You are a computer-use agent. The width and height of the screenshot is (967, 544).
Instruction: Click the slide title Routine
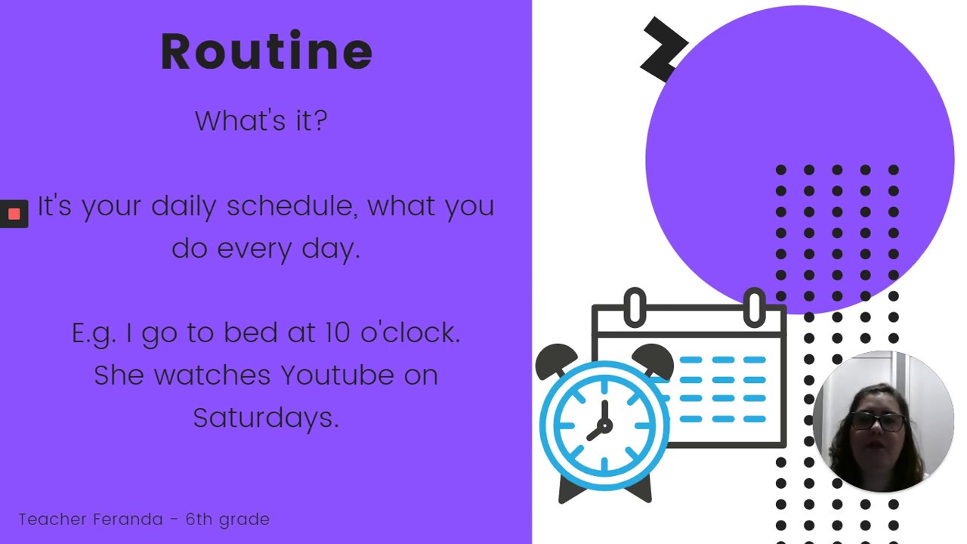click(267, 51)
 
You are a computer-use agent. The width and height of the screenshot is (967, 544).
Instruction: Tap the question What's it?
click(261, 121)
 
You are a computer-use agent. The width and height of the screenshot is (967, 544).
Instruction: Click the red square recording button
click(14, 214)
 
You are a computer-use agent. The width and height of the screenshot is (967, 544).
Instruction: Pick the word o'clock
click(410, 332)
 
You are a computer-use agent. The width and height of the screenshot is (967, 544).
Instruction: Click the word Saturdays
click(265, 417)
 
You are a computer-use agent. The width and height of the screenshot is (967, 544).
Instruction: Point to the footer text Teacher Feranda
click(91, 519)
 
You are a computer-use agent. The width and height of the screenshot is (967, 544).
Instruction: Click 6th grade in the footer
click(227, 519)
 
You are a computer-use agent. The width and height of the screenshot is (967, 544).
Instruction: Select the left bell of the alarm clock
click(556, 360)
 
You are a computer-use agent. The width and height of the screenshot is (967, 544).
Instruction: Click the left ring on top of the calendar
click(635, 307)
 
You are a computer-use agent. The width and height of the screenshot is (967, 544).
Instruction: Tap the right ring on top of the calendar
click(754, 307)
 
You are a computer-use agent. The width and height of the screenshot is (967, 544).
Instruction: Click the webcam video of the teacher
click(882, 422)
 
